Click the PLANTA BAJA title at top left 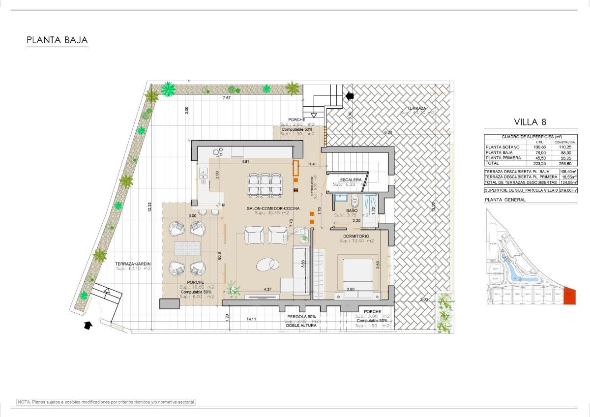click(57, 40)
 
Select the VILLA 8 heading click(530, 122)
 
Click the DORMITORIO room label click(356, 236)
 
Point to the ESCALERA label click(351, 179)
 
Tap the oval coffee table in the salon click(266, 265)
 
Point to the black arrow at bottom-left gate click(88, 325)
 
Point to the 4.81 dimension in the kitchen click(245, 161)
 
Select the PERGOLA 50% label click(301, 316)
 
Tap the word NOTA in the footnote click(25, 402)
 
